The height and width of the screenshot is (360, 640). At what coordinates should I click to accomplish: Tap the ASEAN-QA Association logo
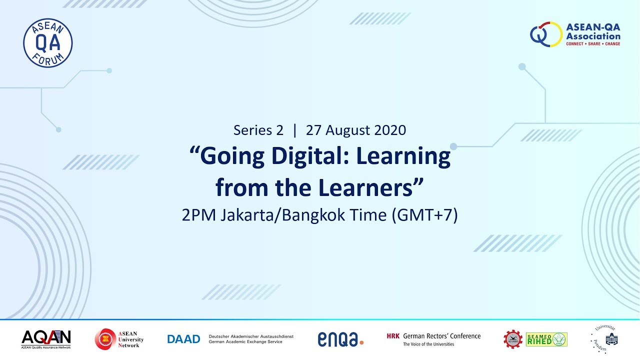575,34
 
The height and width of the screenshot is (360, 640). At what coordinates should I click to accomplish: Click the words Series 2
258,130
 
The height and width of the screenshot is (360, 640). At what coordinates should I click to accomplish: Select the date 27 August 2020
355,130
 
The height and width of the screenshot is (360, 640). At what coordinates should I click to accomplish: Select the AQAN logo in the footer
46,339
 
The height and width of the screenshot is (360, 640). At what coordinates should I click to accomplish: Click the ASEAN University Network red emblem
104,339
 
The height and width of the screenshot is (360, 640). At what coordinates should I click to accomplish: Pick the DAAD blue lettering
183,339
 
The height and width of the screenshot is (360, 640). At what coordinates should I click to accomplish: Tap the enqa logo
340,339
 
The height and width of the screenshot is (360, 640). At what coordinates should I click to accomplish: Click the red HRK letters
393,336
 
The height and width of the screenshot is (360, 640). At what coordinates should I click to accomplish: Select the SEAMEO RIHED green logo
546,339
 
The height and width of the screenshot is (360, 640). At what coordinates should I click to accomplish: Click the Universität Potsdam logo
605,339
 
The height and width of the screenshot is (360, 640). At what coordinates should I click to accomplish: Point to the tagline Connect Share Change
592,44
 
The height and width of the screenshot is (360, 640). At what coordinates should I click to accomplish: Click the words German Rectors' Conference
441,336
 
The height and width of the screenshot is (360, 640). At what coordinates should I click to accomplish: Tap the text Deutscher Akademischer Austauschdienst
251,336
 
